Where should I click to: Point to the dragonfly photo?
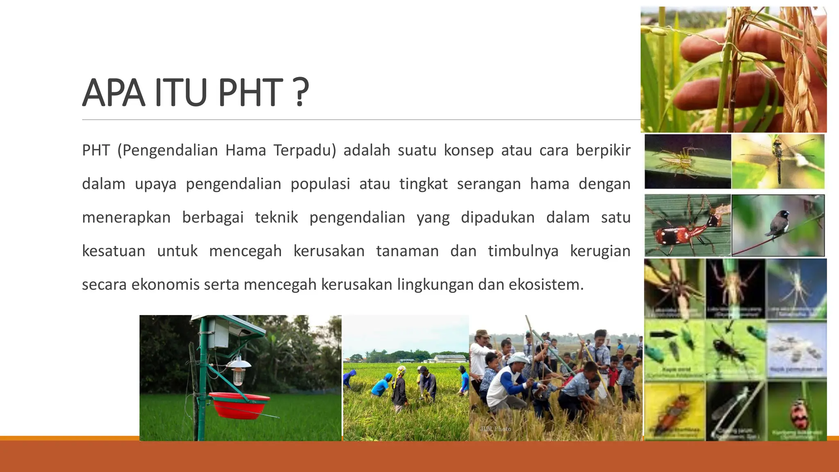point(778,161)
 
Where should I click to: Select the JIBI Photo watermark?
point(496,429)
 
